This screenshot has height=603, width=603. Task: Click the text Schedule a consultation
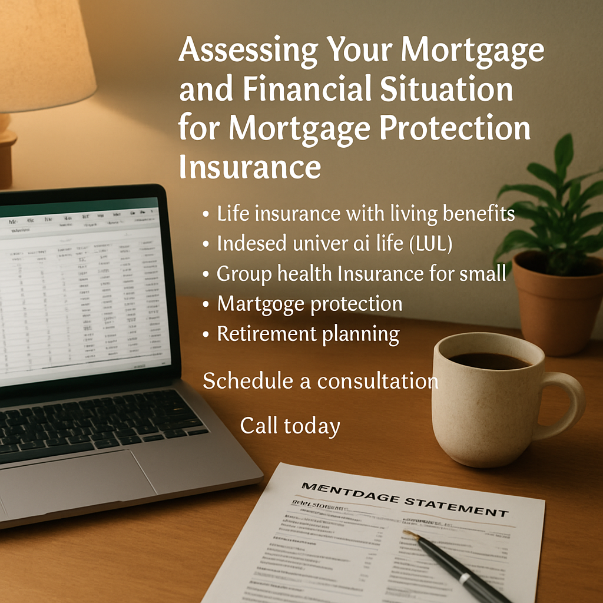tap(320, 381)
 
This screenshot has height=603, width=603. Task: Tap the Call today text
tap(290, 426)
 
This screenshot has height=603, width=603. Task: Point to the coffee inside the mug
tap(488, 360)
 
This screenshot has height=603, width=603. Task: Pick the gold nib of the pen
tap(410, 535)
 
